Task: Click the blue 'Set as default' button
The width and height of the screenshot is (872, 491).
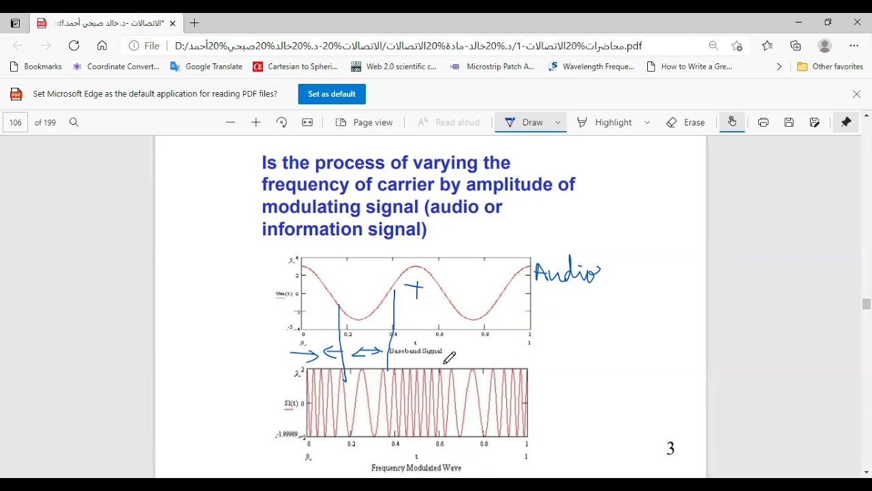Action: [x=332, y=94]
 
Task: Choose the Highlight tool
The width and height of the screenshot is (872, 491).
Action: [x=606, y=123]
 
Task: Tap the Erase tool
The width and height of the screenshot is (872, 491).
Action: [x=686, y=123]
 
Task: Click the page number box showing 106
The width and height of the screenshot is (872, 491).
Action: [x=16, y=123]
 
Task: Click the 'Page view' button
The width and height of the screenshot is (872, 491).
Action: [x=364, y=123]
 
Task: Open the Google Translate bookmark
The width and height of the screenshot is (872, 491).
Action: [x=206, y=67]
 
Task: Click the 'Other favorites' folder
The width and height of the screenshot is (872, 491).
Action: [x=830, y=67]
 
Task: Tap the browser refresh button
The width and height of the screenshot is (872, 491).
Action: [x=74, y=46]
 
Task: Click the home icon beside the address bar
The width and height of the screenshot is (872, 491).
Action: [x=102, y=46]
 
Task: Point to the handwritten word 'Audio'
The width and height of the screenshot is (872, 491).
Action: [x=566, y=272]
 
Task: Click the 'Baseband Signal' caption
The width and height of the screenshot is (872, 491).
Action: [x=416, y=351]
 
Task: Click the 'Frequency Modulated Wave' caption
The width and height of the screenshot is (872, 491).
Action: [x=416, y=468]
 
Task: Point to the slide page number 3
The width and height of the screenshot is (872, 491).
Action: [x=670, y=449]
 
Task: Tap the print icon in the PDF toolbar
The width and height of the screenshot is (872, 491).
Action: [x=763, y=123]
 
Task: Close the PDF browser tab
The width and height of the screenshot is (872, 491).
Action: [x=172, y=23]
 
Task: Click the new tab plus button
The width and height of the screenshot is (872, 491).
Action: [x=195, y=23]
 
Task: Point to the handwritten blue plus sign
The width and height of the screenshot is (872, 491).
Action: [x=415, y=289]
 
